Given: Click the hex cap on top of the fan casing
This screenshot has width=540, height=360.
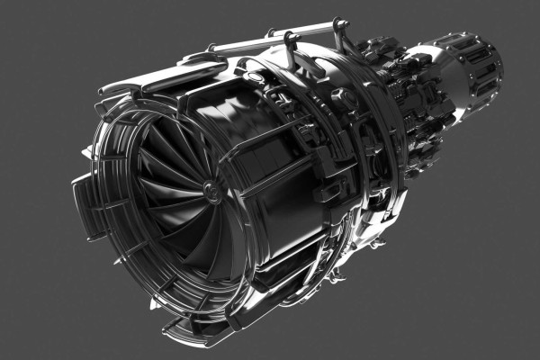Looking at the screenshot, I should point(255,77).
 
